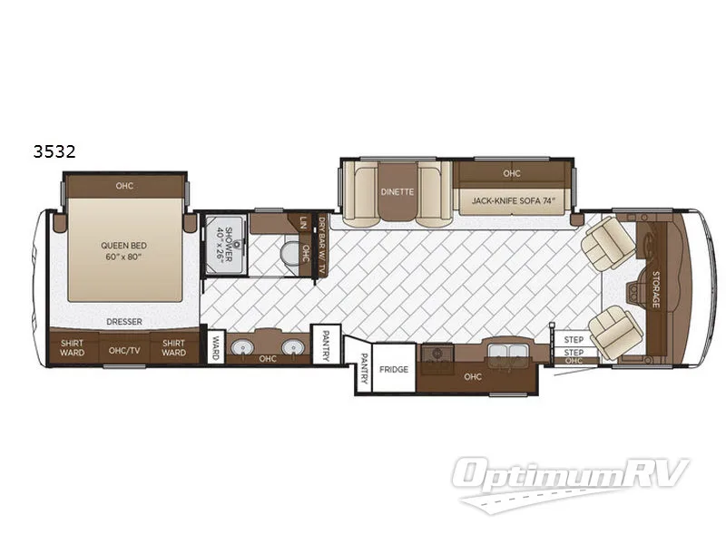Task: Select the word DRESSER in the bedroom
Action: point(123,321)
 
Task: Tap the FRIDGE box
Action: point(394,370)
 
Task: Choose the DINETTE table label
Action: point(397,191)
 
